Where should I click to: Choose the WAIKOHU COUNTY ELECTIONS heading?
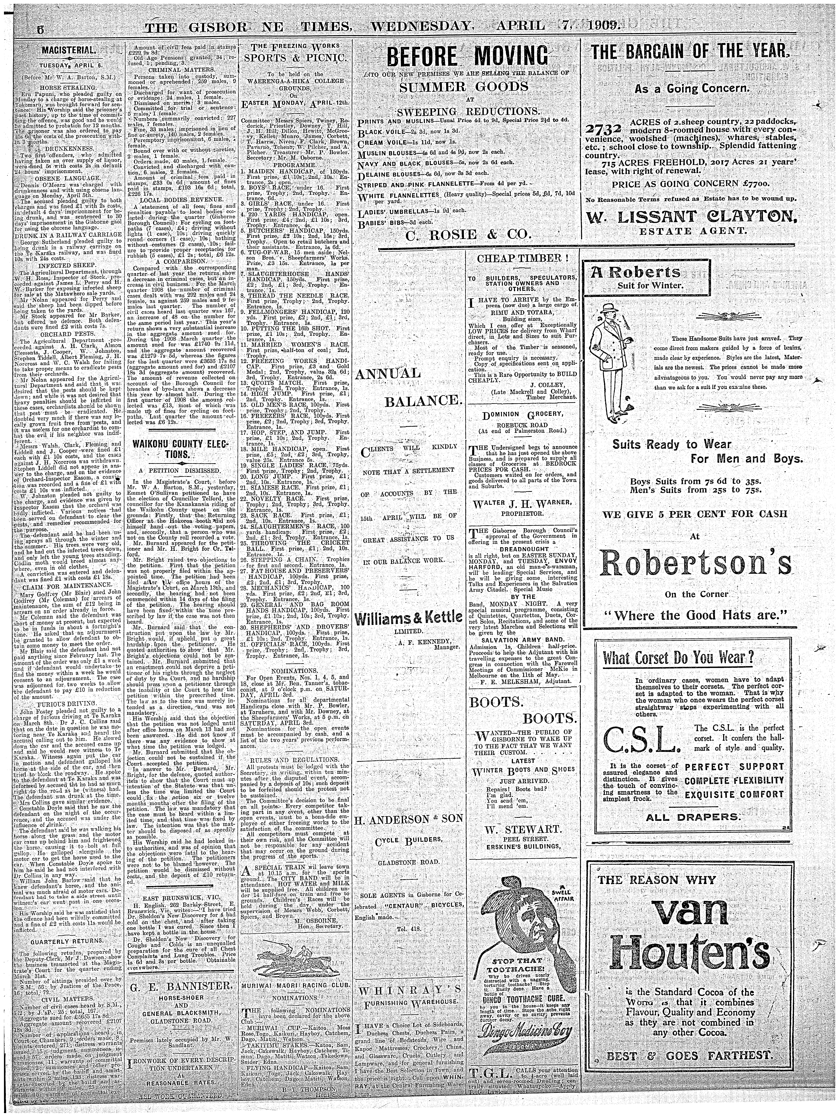pos(180,449)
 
